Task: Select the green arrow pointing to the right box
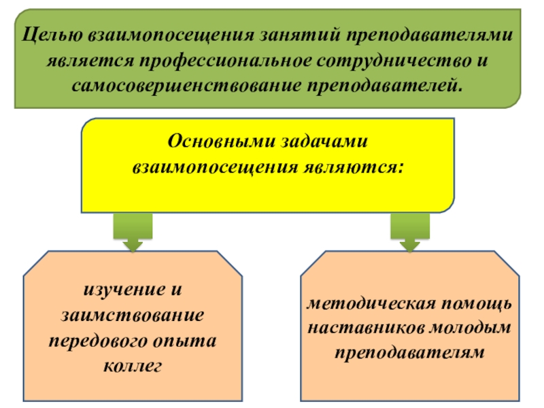point(409,233)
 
